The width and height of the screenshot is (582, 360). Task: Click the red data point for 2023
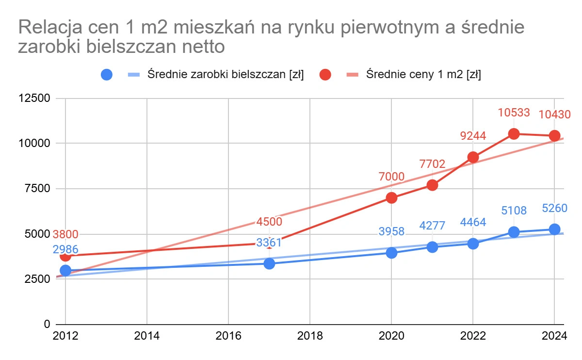[514, 134]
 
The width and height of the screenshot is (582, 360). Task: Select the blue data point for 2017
[269, 263]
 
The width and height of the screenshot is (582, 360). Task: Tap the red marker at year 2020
[391, 198]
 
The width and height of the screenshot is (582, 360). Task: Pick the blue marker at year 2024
[554, 229]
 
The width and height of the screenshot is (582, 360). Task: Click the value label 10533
[514, 113]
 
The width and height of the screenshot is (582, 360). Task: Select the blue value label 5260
[554, 209]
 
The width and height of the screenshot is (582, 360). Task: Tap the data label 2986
[65, 250]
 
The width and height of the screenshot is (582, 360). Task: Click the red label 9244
[473, 136]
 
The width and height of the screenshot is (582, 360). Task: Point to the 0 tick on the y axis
[47, 324]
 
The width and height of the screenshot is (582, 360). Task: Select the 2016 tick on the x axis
[228, 335]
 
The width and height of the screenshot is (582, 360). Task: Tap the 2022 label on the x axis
[473, 335]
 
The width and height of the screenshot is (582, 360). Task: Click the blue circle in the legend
[107, 75]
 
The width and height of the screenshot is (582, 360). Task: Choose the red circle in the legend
[325, 75]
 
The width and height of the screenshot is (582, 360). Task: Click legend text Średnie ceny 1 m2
[423, 75]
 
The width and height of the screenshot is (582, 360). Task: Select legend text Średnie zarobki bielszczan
[226, 75]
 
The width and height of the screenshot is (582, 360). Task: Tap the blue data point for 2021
[432, 247]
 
